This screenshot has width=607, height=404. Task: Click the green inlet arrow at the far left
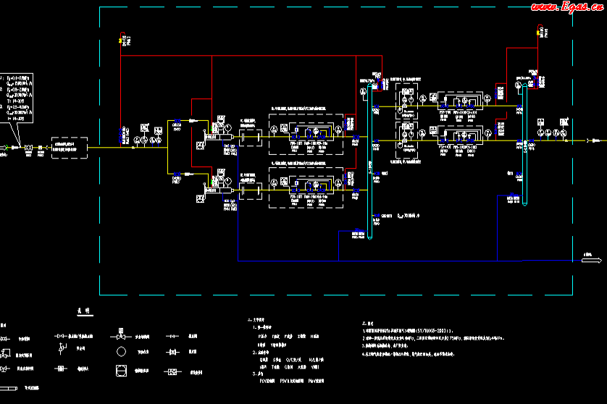coord(6,148)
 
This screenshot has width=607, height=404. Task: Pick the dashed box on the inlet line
coord(69,148)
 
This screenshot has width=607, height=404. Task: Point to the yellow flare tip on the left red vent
coord(121,41)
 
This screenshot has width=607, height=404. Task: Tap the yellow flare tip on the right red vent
coord(537,32)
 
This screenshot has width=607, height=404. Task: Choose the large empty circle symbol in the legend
coord(121,353)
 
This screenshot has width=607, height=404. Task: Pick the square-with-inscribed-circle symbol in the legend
coord(121,371)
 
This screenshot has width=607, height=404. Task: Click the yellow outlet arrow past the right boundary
coord(588,142)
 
